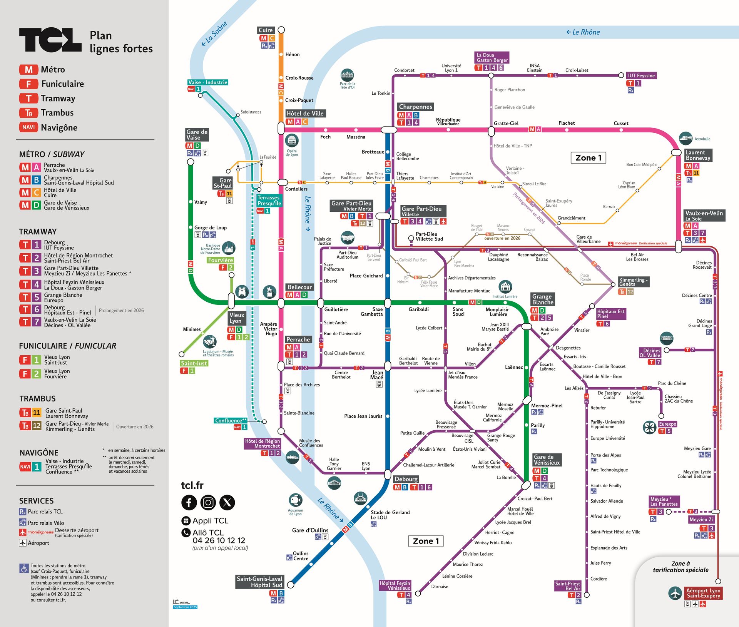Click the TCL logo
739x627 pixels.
click(50, 40)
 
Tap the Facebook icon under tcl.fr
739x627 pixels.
click(189, 502)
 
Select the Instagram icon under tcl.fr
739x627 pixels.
click(208, 502)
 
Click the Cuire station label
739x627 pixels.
click(266, 30)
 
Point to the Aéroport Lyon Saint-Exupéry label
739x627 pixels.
click(703, 593)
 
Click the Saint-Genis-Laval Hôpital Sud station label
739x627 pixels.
click(259, 582)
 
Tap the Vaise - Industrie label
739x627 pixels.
click(208, 82)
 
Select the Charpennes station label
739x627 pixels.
click(415, 107)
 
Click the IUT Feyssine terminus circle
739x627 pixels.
click(621, 75)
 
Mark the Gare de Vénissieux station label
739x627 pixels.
click(547, 460)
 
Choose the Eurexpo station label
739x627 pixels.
click(667, 424)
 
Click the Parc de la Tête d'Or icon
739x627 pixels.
click(347, 75)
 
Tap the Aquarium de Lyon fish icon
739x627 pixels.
click(295, 500)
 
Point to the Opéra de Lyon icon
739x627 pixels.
click(292, 140)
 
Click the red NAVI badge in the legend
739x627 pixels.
click(28, 127)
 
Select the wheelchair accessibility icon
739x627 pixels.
click(24, 568)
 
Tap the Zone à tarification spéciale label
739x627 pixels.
click(680, 567)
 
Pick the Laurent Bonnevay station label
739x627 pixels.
click(698, 155)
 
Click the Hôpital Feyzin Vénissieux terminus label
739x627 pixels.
click(395, 585)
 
